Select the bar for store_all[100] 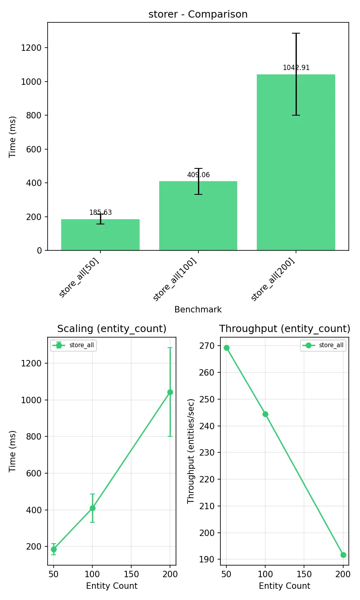click(198, 216)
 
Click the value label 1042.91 click(296, 68)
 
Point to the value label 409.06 click(198, 175)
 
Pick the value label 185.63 click(100, 212)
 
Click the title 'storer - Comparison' click(198, 14)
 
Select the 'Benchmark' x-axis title click(198, 310)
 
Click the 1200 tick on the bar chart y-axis click(31, 48)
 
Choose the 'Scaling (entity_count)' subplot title click(112, 329)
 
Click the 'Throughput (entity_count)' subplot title click(284, 329)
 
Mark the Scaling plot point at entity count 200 click(170, 392)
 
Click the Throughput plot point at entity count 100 click(265, 414)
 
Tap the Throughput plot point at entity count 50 click(226, 348)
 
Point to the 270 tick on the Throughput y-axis click(207, 346)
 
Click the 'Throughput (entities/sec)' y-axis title click(191, 451)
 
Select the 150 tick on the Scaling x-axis click(131, 574)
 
